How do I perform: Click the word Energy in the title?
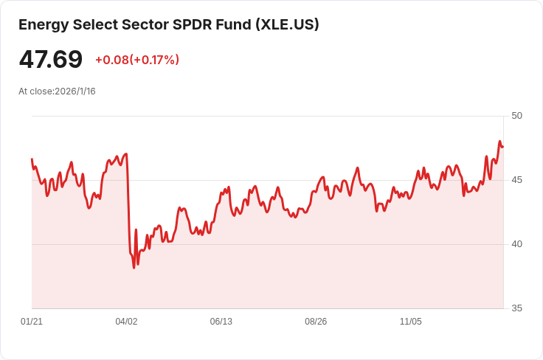[43, 24]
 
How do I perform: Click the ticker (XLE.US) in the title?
[287, 24]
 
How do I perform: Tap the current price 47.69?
[51, 59]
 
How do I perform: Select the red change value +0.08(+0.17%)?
[137, 60]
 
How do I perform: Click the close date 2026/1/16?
[75, 91]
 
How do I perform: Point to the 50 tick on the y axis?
[516, 116]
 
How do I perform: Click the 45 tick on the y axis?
[516, 180]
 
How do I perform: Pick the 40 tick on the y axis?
[516, 244]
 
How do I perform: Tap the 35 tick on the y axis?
[516, 308]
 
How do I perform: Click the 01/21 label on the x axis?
[32, 322]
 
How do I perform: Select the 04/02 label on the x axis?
[126, 322]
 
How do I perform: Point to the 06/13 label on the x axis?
[221, 322]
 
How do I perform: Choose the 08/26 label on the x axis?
[316, 322]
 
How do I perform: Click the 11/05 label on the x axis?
[410, 322]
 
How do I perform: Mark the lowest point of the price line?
[134, 267]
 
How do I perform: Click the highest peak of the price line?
[499, 142]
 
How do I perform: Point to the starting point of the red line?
[32, 159]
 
